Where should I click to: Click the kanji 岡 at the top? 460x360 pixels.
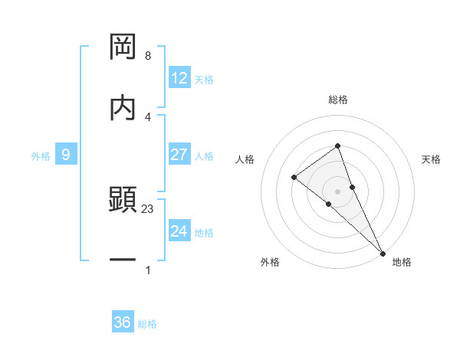(x=123, y=47)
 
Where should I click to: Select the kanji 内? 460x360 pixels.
(x=123, y=107)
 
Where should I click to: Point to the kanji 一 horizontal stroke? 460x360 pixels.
(x=123, y=260)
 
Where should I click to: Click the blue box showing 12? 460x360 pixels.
(x=179, y=78)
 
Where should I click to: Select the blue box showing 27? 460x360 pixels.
(x=179, y=155)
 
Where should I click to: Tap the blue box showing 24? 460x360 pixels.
(x=179, y=231)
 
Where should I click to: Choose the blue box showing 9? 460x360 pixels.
(x=66, y=155)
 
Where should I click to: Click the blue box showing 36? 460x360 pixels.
(x=123, y=322)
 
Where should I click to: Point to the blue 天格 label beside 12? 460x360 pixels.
(x=204, y=79)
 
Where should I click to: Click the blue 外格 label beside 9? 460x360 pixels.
(x=41, y=155)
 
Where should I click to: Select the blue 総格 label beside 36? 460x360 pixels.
(x=147, y=323)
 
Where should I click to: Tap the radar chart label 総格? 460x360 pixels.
(x=338, y=100)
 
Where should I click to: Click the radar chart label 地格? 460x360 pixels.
(x=402, y=262)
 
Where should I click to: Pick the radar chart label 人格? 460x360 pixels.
(x=245, y=159)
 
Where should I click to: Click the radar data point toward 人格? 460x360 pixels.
(x=294, y=178)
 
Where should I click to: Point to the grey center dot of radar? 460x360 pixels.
(x=338, y=190)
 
